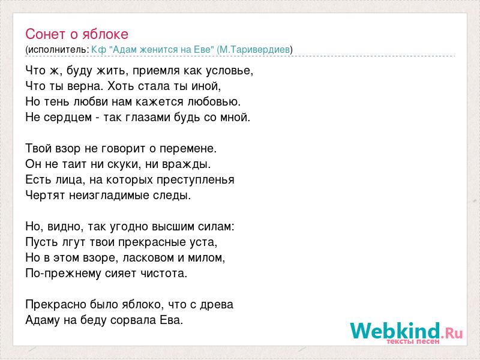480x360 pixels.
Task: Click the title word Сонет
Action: (46, 34)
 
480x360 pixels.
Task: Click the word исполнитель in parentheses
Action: (58, 50)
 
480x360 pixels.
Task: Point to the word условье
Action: (229, 71)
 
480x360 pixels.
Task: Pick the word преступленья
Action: (196, 179)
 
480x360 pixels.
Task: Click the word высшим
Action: (173, 227)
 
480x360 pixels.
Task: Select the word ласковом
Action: (148, 258)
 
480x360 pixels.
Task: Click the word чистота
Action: (163, 274)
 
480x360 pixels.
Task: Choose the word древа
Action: (217, 305)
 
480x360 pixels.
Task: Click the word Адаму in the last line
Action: (43, 320)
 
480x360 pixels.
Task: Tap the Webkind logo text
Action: (406, 331)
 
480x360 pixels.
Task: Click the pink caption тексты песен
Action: (413, 341)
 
